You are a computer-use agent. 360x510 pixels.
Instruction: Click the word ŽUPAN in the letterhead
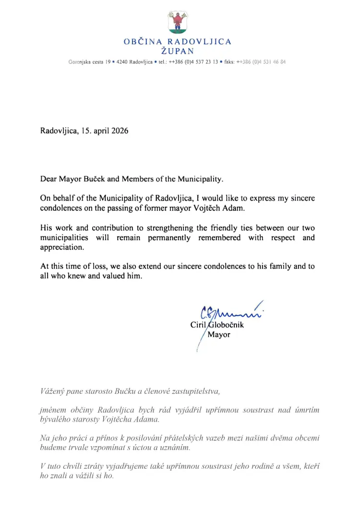click(x=178, y=51)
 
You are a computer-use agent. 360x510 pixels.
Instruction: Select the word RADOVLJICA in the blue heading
click(x=199, y=42)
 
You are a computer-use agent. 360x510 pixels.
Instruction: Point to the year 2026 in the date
click(x=119, y=131)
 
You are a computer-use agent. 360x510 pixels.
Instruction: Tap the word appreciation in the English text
click(x=61, y=247)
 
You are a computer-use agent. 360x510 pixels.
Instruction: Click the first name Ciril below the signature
click(x=198, y=325)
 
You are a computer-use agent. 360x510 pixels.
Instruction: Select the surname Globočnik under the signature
click(x=225, y=325)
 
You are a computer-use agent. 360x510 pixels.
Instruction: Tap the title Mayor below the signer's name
click(x=218, y=334)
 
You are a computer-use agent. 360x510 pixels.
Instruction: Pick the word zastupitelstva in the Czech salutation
click(x=196, y=391)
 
